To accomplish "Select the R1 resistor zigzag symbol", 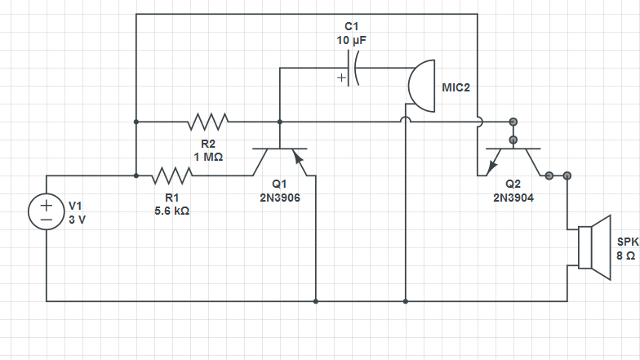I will tap(171, 176).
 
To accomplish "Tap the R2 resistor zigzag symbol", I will tap(207, 122).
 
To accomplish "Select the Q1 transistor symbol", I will tap(280, 160).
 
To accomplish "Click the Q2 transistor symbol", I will tap(513, 160).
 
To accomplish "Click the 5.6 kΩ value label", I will tap(172, 211).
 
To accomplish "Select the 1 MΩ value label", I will tap(208, 157).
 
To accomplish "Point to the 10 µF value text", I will tap(351, 39).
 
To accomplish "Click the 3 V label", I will tap(76, 220).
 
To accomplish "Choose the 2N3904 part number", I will tap(513, 197).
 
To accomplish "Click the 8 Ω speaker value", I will tap(625, 256).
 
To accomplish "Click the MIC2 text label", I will tap(456, 87).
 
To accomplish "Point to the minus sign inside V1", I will tap(47, 220).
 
